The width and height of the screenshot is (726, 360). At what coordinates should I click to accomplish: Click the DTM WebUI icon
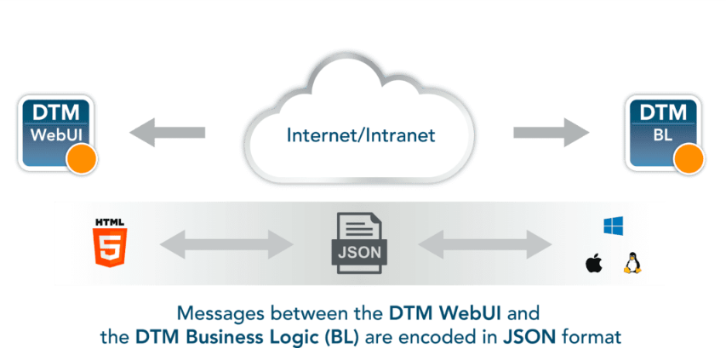(54, 133)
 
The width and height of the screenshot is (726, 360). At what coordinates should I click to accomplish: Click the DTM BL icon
(661, 133)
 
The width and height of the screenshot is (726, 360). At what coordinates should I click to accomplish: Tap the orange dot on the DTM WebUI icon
(81, 157)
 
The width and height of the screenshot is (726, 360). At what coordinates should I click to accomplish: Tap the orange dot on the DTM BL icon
(689, 157)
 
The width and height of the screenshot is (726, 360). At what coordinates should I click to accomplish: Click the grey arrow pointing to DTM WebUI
(168, 133)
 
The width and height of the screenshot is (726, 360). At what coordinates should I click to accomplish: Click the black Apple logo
(593, 263)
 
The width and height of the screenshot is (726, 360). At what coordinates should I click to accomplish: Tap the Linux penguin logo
(631, 262)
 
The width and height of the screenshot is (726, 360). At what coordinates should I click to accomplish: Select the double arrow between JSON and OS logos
(483, 244)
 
